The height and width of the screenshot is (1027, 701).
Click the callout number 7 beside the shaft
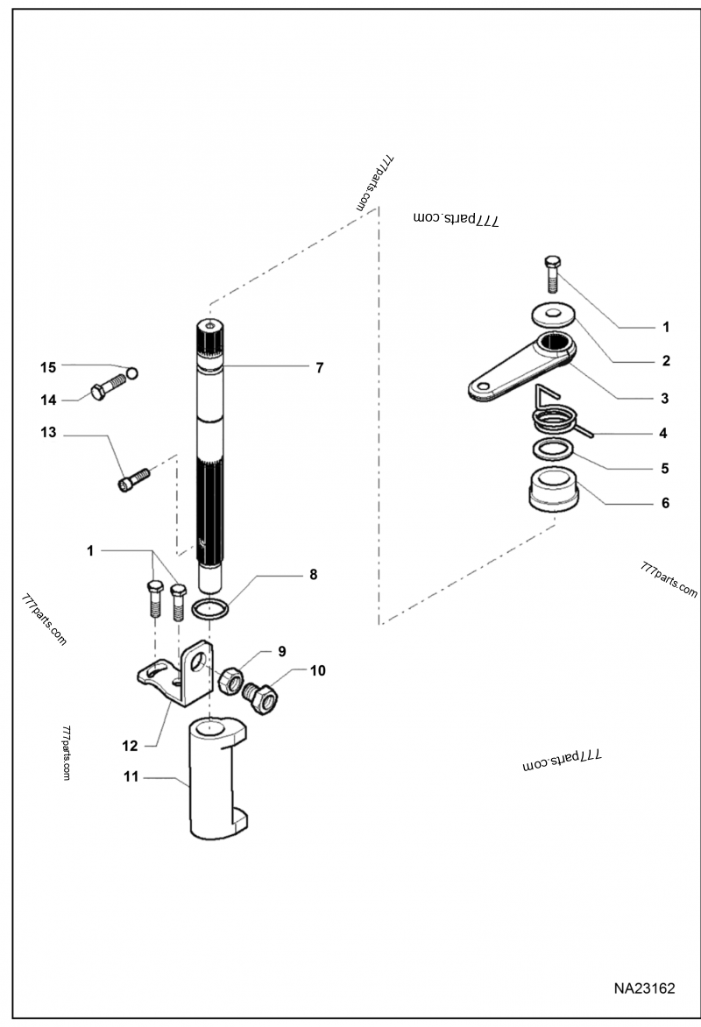click(x=319, y=368)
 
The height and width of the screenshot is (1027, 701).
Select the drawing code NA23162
click(x=644, y=988)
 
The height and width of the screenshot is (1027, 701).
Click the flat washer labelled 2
click(x=553, y=315)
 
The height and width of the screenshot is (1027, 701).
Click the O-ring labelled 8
click(x=211, y=610)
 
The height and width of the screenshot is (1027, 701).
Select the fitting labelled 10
click(x=261, y=698)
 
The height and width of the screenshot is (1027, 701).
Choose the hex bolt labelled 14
click(x=109, y=390)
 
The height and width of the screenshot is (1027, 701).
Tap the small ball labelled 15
click(x=132, y=372)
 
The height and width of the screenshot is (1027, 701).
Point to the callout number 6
click(x=665, y=503)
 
